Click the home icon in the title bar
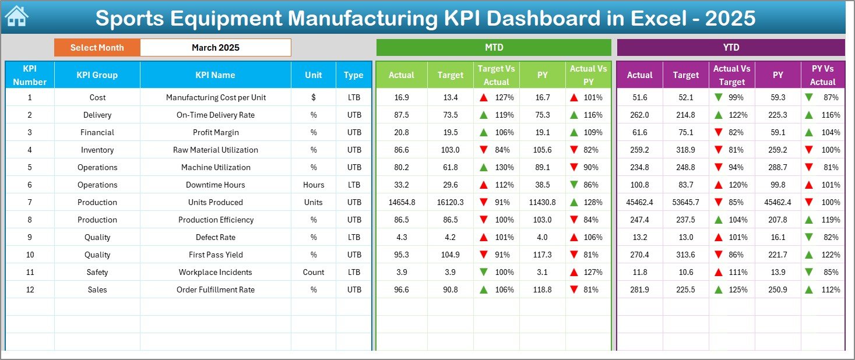pos(16,17)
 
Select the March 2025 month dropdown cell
pos(215,48)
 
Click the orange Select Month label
pos(97,48)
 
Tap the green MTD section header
pos(494,48)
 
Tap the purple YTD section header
pos(730,48)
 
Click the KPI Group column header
pos(97,75)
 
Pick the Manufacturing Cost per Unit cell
pos(215,97)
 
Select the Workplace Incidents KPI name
pos(215,272)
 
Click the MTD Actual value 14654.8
pos(401,202)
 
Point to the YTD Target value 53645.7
pos(685,202)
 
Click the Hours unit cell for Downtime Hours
pos(314,185)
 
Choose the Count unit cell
pos(314,272)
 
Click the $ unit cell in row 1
pos(314,97)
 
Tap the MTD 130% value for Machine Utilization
pos(504,167)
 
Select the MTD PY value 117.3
pos(542,255)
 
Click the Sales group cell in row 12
pos(97,290)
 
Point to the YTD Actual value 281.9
pos(639,290)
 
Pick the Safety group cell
pos(97,272)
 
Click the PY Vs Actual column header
pos(822,75)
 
